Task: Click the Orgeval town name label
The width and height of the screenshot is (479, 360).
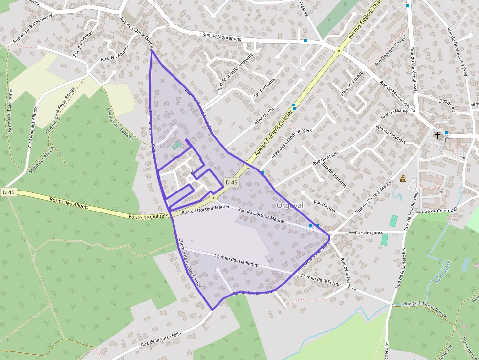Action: tap(290, 206)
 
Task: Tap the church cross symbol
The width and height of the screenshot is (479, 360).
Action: tap(438, 135)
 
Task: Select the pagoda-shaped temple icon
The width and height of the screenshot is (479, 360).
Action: tap(403, 179)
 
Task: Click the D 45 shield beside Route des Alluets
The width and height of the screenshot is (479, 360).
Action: tap(8, 192)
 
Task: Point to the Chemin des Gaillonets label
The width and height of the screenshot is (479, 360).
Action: tap(236, 259)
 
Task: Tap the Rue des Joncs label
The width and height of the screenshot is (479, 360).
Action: tap(369, 233)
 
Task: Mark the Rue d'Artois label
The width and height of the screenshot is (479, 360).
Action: tap(325, 206)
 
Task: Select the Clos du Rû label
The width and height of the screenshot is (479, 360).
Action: tap(447, 105)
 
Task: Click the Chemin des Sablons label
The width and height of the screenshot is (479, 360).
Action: tap(120, 124)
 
